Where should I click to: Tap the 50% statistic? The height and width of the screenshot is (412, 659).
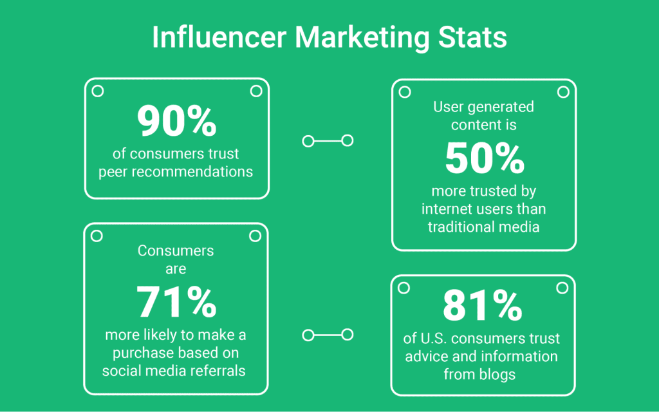tap(484, 158)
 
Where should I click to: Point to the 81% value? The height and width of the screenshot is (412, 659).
tap(483, 306)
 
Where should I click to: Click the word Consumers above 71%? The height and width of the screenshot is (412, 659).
tap(176, 250)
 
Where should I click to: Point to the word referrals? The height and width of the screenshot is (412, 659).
tap(220, 370)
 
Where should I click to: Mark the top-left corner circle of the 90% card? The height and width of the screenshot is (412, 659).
tap(98, 91)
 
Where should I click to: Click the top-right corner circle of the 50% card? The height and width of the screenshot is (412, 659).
tap(563, 92)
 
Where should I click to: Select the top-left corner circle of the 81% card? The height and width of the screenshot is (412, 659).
tap(404, 287)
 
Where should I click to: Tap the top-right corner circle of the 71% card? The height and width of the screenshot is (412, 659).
tap(255, 236)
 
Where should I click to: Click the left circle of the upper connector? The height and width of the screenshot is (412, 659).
tap(308, 140)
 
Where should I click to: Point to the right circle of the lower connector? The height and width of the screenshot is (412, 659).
tap(348, 334)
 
